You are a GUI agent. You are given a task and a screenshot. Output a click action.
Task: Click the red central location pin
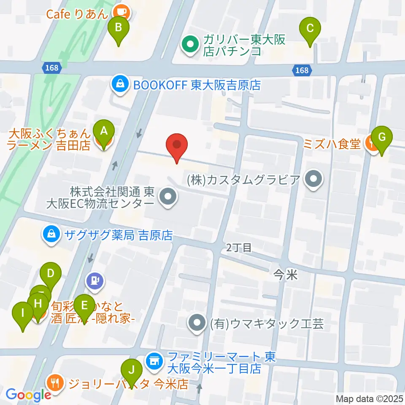coord(177,146)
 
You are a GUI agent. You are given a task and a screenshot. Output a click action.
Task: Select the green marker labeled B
coord(119,29)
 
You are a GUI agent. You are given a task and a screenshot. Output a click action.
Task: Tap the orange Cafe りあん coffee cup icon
coord(122,12)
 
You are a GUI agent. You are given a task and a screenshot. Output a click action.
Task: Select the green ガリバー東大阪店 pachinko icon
coord(190,46)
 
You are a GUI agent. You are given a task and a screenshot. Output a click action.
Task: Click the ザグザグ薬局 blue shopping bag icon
coord(51,235)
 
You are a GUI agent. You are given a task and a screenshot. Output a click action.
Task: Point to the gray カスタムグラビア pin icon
coord(313,180)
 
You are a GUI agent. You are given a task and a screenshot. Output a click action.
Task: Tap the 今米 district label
coord(286,275)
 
